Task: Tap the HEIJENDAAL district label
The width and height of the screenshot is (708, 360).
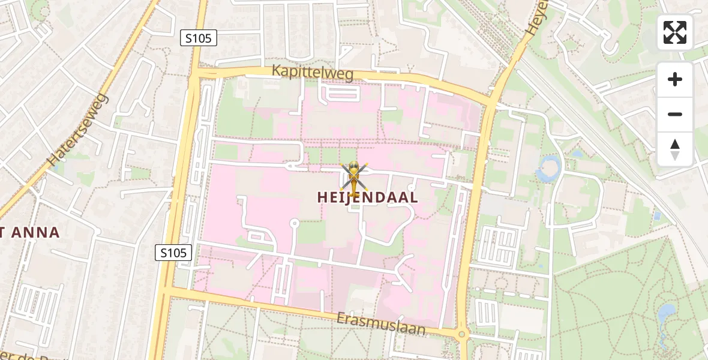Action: point(368,197)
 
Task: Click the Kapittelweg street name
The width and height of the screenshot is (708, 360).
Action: point(313,71)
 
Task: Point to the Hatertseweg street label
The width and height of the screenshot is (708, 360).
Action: point(78,130)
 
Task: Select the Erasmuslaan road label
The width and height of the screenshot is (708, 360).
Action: point(381,323)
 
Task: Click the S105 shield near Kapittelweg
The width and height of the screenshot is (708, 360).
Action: point(198,38)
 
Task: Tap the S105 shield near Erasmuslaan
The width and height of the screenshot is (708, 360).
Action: point(174,253)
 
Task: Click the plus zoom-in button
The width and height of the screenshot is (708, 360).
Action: point(675,79)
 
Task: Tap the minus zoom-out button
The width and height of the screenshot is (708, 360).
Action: point(675,114)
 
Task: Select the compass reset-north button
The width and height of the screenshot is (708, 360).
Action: point(675,149)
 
